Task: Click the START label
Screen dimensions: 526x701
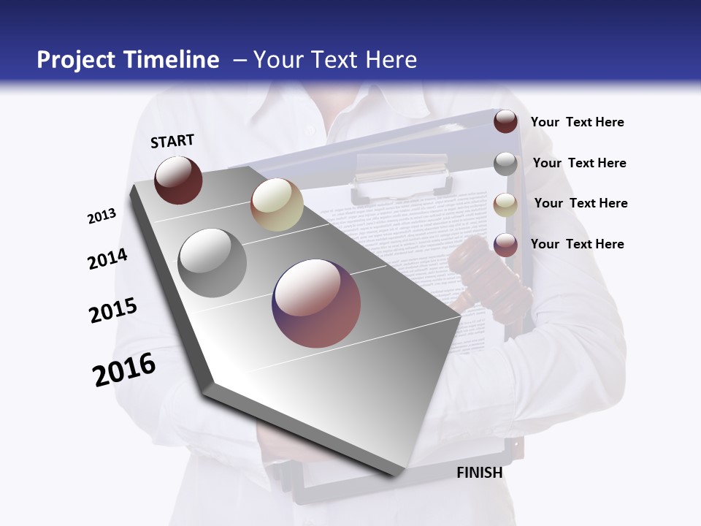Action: point(172,141)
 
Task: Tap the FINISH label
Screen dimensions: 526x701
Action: point(479,473)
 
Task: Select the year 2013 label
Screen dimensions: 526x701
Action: point(101,216)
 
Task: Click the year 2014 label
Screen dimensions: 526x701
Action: point(107,259)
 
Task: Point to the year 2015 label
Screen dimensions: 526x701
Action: point(113,310)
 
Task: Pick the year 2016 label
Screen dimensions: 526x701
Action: point(124,370)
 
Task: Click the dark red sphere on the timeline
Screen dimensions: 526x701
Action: point(178,180)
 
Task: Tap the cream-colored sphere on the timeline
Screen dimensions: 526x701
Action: point(277,205)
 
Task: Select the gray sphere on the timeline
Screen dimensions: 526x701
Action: point(212,262)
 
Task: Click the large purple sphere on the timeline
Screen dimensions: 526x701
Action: point(316,303)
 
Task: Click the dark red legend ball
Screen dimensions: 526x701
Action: point(505,121)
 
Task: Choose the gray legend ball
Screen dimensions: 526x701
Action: point(505,163)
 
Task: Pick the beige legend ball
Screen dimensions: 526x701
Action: point(505,204)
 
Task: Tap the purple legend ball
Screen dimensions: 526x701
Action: point(505,244)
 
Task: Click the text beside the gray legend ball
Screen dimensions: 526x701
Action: point(579,163)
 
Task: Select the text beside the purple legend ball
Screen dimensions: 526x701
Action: point(577,244)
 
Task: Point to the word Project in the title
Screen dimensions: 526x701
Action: point(76,60)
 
